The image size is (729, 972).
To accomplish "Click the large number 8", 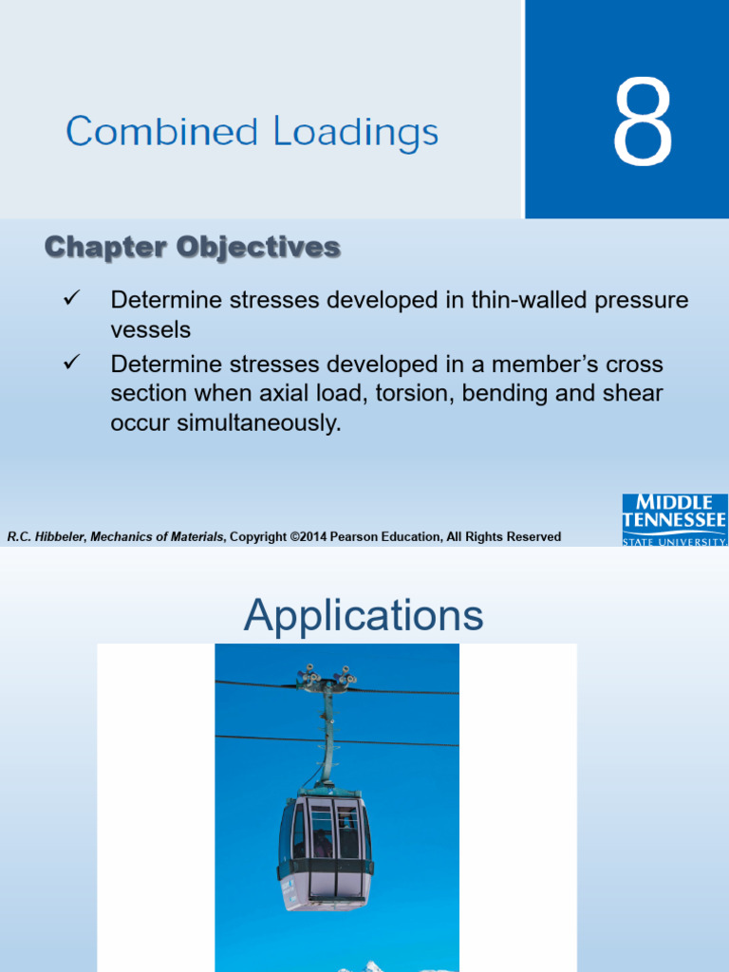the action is [x=643, y=121].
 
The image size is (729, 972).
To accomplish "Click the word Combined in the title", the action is [x=161, y=131].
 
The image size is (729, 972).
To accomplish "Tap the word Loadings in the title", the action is [x=356, y=133].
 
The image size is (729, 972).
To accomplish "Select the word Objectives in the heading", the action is [x=258, y=248].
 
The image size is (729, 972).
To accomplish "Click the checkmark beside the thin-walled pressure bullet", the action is [x=72, y=298].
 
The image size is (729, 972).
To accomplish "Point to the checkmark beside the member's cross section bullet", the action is [x=72, y=362].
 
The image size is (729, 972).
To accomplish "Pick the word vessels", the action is [x=151, y=329].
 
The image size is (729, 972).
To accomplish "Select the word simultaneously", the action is [x=259, y=423].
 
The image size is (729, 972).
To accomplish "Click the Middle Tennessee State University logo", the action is [x=675, y=519].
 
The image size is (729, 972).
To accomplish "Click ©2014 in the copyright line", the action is [x=308, y=537].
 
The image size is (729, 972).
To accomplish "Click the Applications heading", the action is [x=364, y=615].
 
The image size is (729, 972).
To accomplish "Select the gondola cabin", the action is [x=326, y=850].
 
